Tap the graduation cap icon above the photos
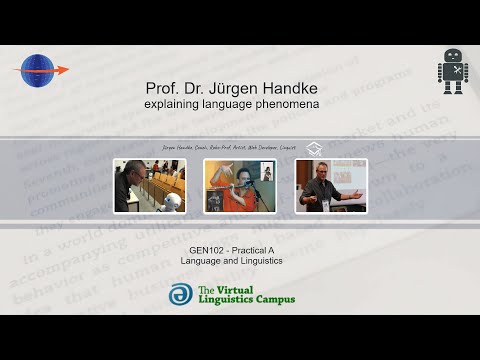(x=314, y=148)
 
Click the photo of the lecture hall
(x=149, y=185)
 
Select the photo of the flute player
(x=239, y=185)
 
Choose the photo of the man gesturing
(x=330, y=185)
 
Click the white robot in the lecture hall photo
(x=139, y=200)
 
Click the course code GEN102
(x=207, y=250)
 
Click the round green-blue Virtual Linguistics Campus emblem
(x=180, y=294)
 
